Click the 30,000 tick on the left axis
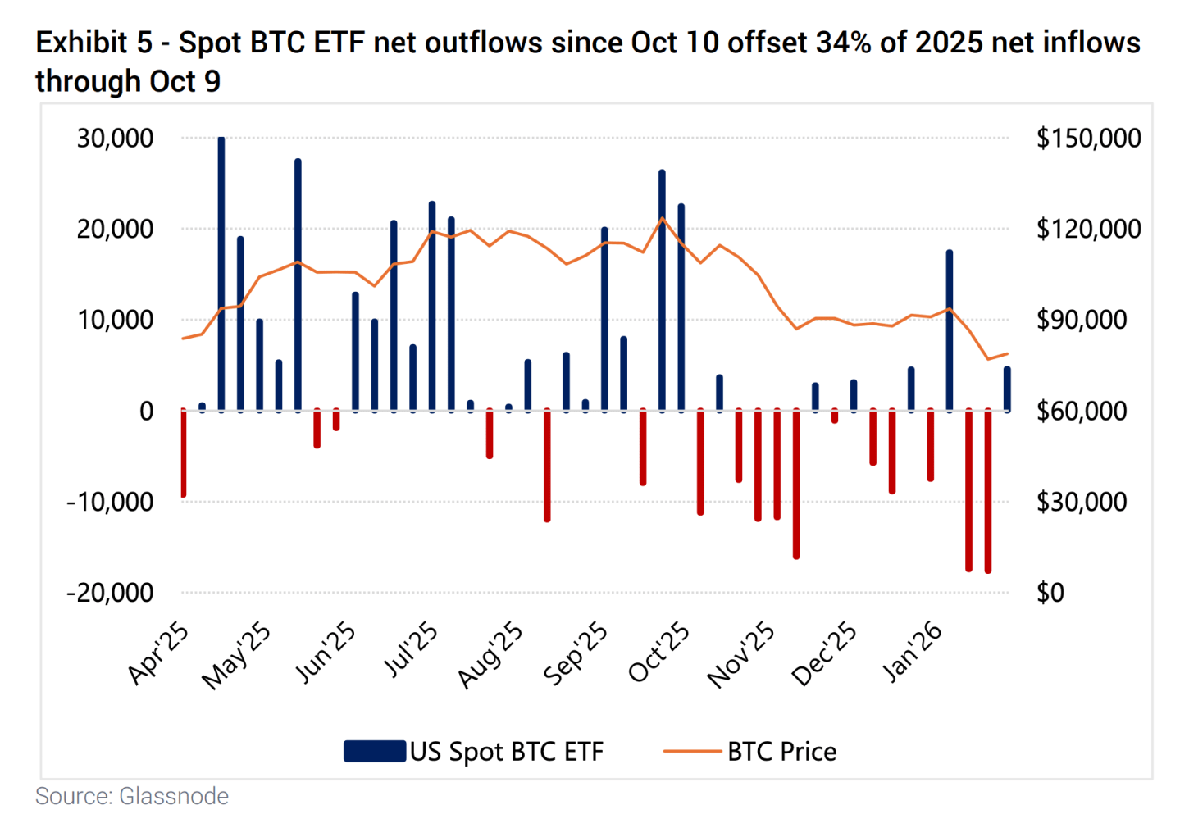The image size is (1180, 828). tap(115, 138)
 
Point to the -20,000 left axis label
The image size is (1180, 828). tap(110, 592)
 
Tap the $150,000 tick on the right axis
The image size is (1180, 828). tap(1088, 138)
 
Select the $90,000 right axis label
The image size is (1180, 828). tap(1082, 320)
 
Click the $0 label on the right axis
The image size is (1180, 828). tap(1050, 592)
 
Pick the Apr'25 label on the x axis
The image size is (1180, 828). tap(159, 653)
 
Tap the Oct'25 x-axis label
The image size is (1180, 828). tap(659, 653)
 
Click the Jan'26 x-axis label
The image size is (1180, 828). tap(912, 653)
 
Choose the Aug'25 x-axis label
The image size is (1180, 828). tap(490, 655)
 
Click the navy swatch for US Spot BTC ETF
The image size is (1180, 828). tap(374, 751)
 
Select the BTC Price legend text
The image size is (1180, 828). tap(781, 751)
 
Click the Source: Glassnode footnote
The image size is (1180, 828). tap(132, 796)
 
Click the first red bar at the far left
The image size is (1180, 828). tap(184, 453)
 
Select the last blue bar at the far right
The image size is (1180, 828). tap(1007, 389)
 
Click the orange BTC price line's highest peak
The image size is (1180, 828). tap(662, 218)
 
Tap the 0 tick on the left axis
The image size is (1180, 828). tap(146, 411)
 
